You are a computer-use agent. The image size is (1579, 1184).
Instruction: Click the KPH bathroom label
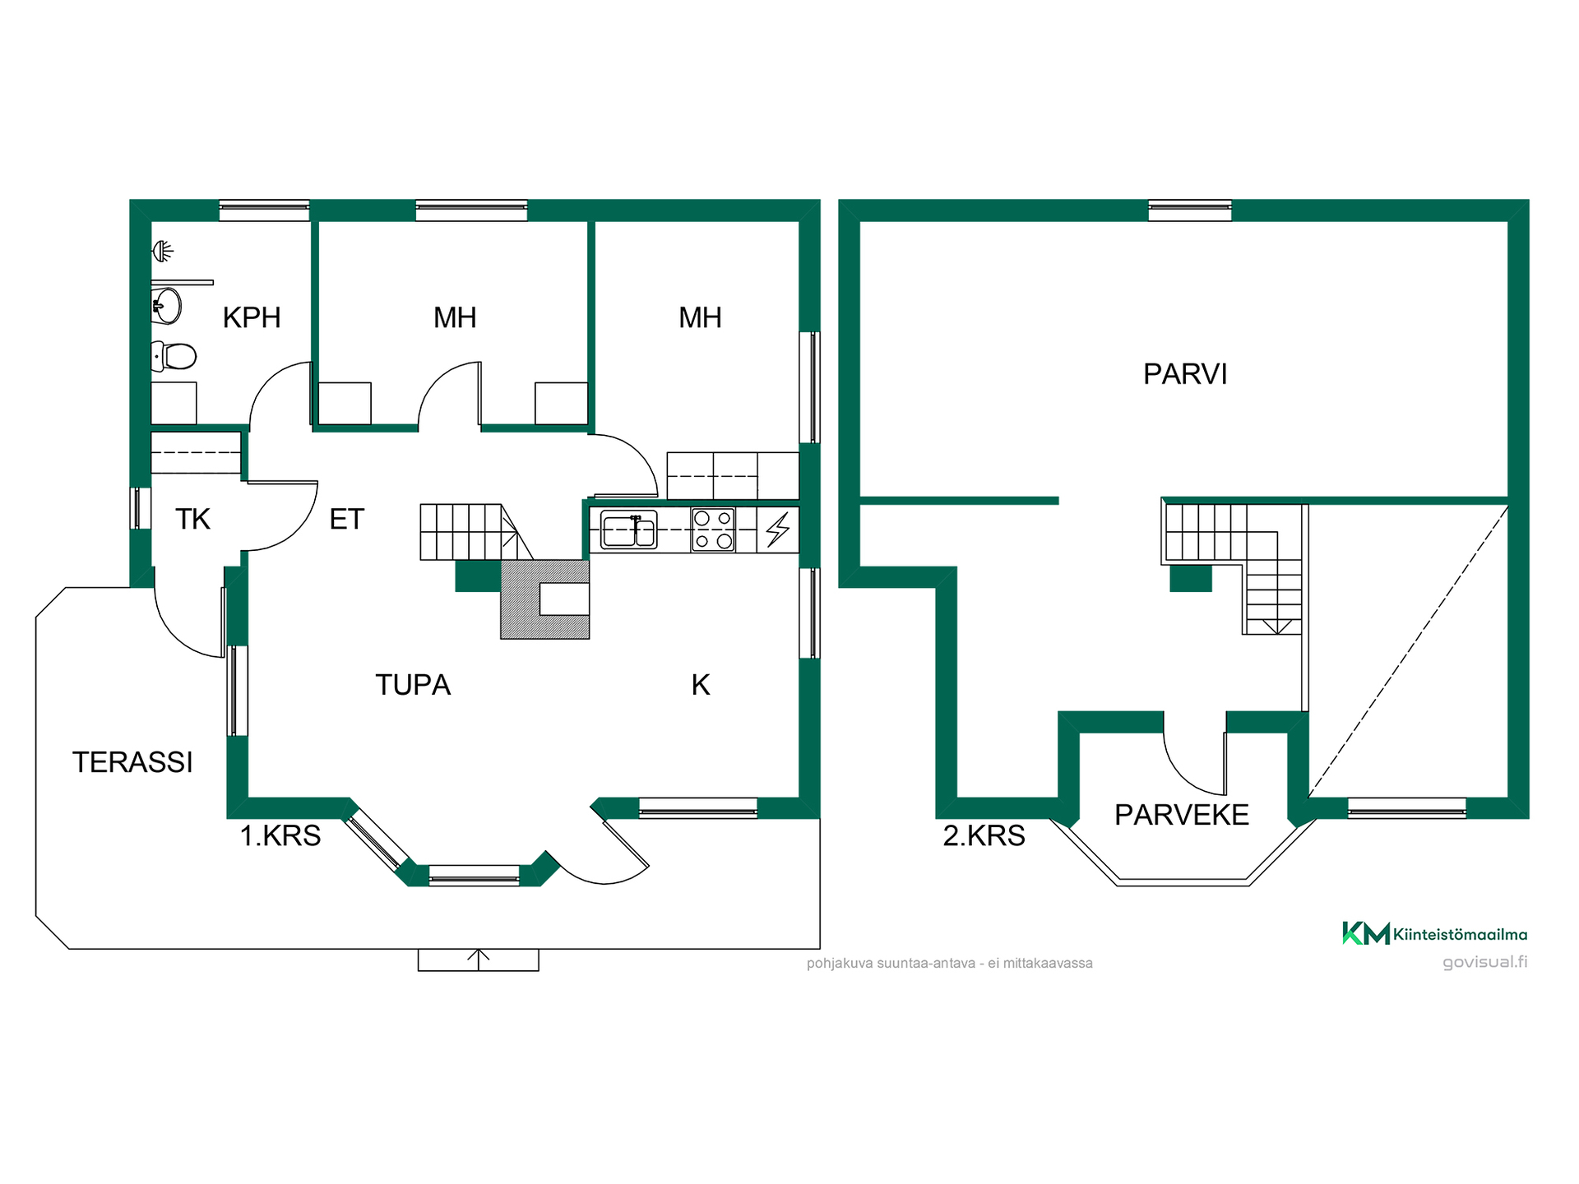pos(252,317)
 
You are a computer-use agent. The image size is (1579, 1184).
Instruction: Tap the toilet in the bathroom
pos(174,357)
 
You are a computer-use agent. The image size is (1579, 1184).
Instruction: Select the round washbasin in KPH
pos(167,307)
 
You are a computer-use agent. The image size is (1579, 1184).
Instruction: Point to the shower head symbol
pos(163,251)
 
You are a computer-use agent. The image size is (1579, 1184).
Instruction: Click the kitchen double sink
pos(629,529)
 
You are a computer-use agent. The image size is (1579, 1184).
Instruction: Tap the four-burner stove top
pos(713,530)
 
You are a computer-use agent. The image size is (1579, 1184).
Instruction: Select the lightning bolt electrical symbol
pos(778,530)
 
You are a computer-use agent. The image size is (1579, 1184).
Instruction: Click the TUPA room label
pos(413,685)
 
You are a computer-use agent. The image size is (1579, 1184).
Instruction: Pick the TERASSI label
pos(132,762)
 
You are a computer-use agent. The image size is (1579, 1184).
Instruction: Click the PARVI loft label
pos(1185,374)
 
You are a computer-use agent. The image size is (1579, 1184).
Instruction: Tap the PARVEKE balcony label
pos(1182,815)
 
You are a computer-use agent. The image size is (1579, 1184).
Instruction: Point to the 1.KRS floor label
pos(280,835)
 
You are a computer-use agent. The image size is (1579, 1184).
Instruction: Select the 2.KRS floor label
pos(984,835)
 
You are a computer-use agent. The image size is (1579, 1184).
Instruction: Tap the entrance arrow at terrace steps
pos(479,960)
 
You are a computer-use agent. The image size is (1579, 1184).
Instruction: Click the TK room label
pos(193,520)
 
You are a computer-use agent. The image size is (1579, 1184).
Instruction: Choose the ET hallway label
pos(346,520)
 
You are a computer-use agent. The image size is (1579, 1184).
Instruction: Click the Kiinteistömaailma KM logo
pos(1434,933)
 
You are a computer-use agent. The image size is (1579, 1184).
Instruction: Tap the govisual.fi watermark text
pos(1484,962)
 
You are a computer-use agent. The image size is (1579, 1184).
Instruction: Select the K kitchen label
pos(700,685)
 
